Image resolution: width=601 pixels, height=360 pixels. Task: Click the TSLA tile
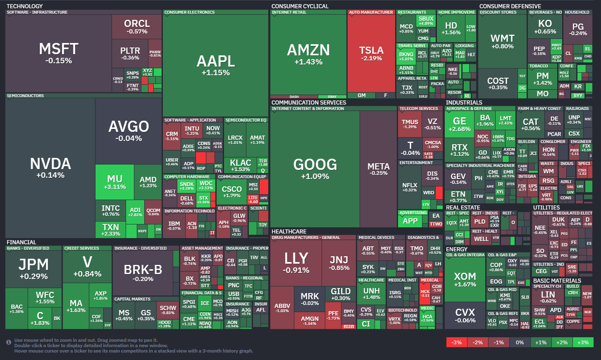(x=371, y=54)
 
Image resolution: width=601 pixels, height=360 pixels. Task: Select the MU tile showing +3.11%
(x=114, y=182)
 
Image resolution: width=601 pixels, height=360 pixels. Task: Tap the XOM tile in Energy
(x=465, y=279)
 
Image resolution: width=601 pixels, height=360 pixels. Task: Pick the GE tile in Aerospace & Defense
(x=459, y=124)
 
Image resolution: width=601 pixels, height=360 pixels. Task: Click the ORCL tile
(x=137, y=26)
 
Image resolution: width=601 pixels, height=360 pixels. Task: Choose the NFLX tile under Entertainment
(x=410, y=187)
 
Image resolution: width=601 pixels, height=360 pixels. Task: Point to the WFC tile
(x=45, y=298)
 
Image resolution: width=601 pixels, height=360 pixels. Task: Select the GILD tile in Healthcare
(x=341, y=294)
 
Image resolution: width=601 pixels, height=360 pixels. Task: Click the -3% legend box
(x=456, y=342)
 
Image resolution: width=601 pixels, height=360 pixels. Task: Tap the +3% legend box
(x=583, y=342)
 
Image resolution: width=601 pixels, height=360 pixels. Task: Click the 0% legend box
(x=520, y=342)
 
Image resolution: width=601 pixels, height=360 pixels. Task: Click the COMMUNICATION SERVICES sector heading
(x=309, y=103)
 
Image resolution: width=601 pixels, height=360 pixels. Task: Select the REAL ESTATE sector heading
(x=463, y=207)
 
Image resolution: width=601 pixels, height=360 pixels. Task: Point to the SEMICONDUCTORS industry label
(x=25, y=96)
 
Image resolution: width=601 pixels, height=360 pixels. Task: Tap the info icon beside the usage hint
(x=9, y=342)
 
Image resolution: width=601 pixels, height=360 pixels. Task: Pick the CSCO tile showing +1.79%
(x=231, y=191)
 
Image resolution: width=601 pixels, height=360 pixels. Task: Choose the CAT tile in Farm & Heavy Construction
(x=531, y=124)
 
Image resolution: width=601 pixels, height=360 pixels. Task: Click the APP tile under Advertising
(x=410, y=221)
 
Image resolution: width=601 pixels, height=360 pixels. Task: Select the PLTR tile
(x=130, y=53)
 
